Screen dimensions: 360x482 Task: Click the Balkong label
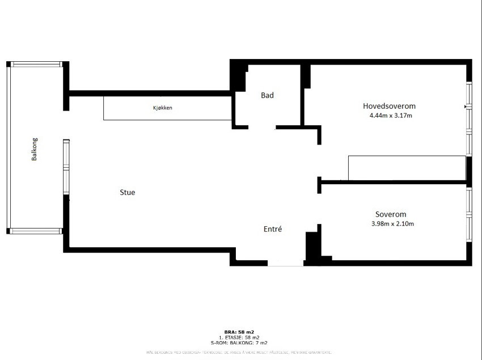click(x=34, y=149)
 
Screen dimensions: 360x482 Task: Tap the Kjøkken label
click(x=162, y=108)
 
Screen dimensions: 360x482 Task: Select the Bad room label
click(x=267, y=95)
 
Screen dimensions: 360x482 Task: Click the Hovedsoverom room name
click(x=390, y=106)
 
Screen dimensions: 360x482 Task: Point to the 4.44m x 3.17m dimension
click(x=390, y=116)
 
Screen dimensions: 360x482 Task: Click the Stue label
click(x=127, y=192)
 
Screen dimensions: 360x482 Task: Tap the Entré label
click(x=273, y=229)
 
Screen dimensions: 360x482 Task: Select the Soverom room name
click(x=391, y=214)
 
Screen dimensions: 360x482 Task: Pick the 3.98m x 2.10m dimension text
click(x=391, y=224)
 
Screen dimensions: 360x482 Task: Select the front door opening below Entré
click(x=285, y=264)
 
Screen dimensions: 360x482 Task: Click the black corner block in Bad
click(x=238, y=75)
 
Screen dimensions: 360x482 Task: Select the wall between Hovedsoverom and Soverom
click(x=394, y=183)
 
